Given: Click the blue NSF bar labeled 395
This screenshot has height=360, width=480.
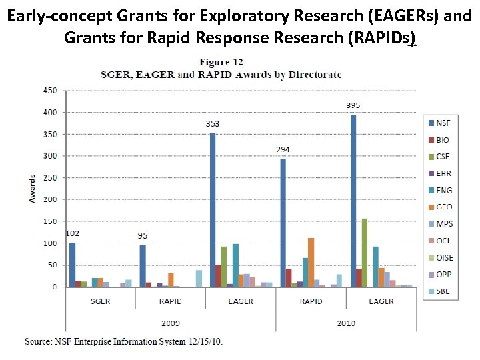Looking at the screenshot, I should [x=353, y=201].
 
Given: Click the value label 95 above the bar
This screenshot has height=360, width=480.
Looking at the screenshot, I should [x=143, y=236].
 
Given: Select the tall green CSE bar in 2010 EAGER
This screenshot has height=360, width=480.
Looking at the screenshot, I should [x=364, y=253].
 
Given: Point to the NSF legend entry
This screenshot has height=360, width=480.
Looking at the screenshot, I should [x=438, y=122].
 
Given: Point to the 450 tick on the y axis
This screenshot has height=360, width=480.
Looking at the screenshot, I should [x=50, y=90].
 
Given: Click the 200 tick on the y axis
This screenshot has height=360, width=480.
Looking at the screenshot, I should [x=50, y=199].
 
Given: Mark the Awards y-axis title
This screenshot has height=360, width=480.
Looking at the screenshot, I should [x=32, y=189].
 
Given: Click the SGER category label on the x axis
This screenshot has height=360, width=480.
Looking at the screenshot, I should [x=101, y=301].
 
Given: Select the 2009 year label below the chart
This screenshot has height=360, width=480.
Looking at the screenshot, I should [x=170, y=323].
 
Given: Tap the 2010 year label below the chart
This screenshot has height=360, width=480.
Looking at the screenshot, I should [x=345, y=323].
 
